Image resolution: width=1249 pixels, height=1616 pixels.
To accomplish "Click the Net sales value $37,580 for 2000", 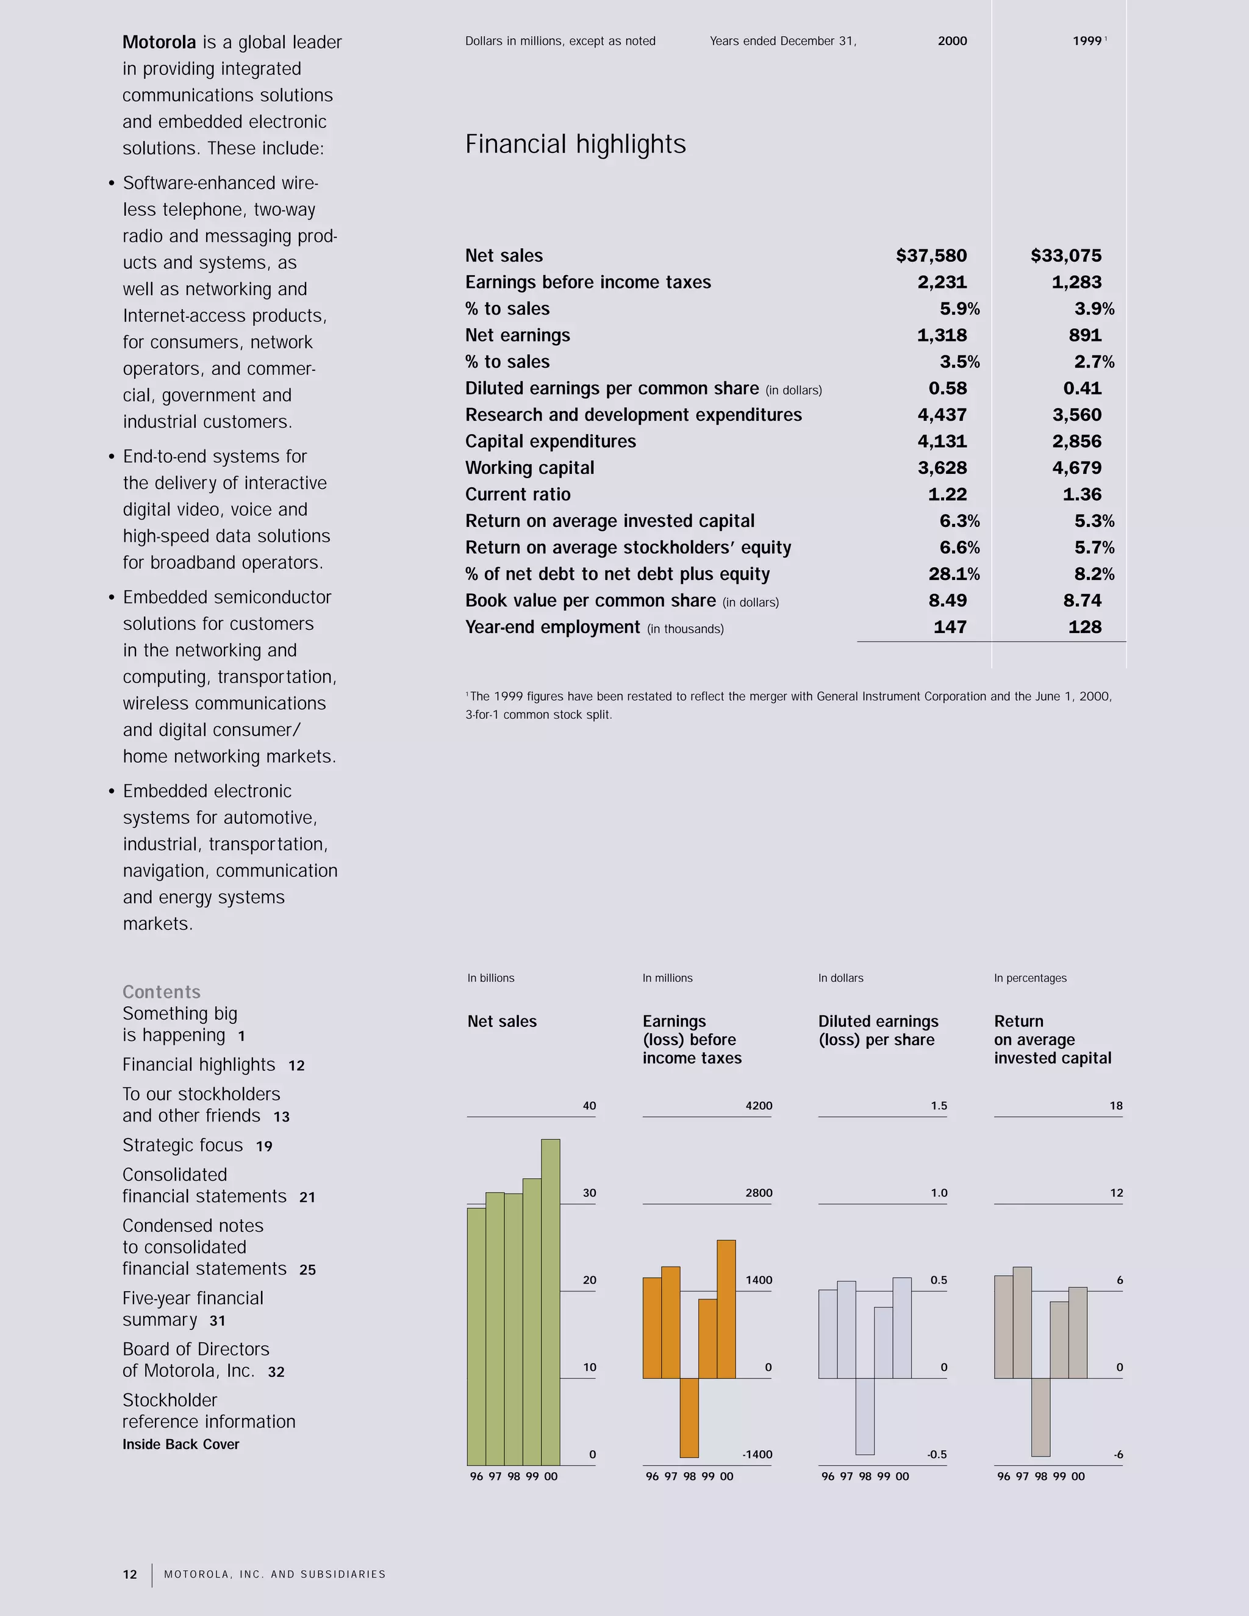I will [x=931, y=256].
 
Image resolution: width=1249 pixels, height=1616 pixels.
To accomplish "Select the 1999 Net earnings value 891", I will [x=1085, y=335].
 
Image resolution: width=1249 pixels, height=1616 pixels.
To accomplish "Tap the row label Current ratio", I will [x=517, y=495].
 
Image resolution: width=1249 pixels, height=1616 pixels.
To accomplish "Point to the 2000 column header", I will [x=951, y=41].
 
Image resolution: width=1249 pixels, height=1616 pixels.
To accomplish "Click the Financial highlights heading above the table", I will [x=575, y=145].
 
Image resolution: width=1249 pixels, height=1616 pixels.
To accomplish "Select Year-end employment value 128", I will [x=1085, y=627].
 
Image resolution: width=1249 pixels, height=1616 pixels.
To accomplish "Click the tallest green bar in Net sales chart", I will [x=551, y=1303].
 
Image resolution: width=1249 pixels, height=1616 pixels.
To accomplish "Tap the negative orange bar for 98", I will [x=689, y=1418].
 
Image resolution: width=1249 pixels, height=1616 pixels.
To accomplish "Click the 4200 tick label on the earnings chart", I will [x=759, y=1106].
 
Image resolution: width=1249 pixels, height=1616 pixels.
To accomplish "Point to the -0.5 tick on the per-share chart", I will [x=936, y=1454].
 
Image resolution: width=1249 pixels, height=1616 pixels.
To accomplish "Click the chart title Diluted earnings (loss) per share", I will [x=878, y=1031].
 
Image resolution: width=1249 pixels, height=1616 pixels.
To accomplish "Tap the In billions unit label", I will [x=490, y=978].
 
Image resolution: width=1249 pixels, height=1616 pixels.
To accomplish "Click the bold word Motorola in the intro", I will [x=159, y=42].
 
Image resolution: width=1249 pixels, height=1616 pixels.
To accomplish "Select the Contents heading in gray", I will [x=161, y=992].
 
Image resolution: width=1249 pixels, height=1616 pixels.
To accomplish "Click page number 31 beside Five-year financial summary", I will [x=217, y=1321].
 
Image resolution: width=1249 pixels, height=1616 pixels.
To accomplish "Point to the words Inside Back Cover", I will [x=181, y=1444].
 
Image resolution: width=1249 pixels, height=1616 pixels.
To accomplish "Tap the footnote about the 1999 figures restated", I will [x=788, y=705].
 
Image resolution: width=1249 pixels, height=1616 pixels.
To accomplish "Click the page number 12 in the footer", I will [x=129, y=1575].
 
